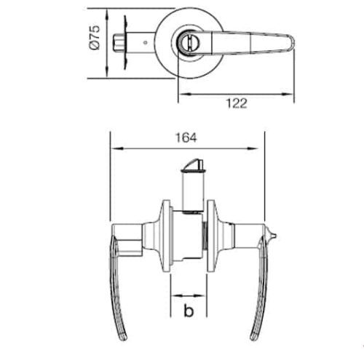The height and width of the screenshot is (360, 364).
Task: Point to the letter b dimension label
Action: [x=188, y=313]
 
